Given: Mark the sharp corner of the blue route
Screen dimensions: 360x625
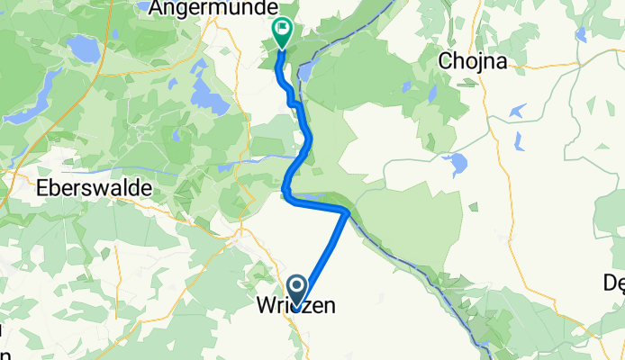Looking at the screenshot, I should (x=347, y=211).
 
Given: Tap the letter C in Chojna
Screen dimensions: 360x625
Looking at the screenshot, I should (x=444, y=61).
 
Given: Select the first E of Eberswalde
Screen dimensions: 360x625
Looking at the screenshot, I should (x=41, y=189).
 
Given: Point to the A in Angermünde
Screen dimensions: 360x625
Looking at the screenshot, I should (x=155, y=8).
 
